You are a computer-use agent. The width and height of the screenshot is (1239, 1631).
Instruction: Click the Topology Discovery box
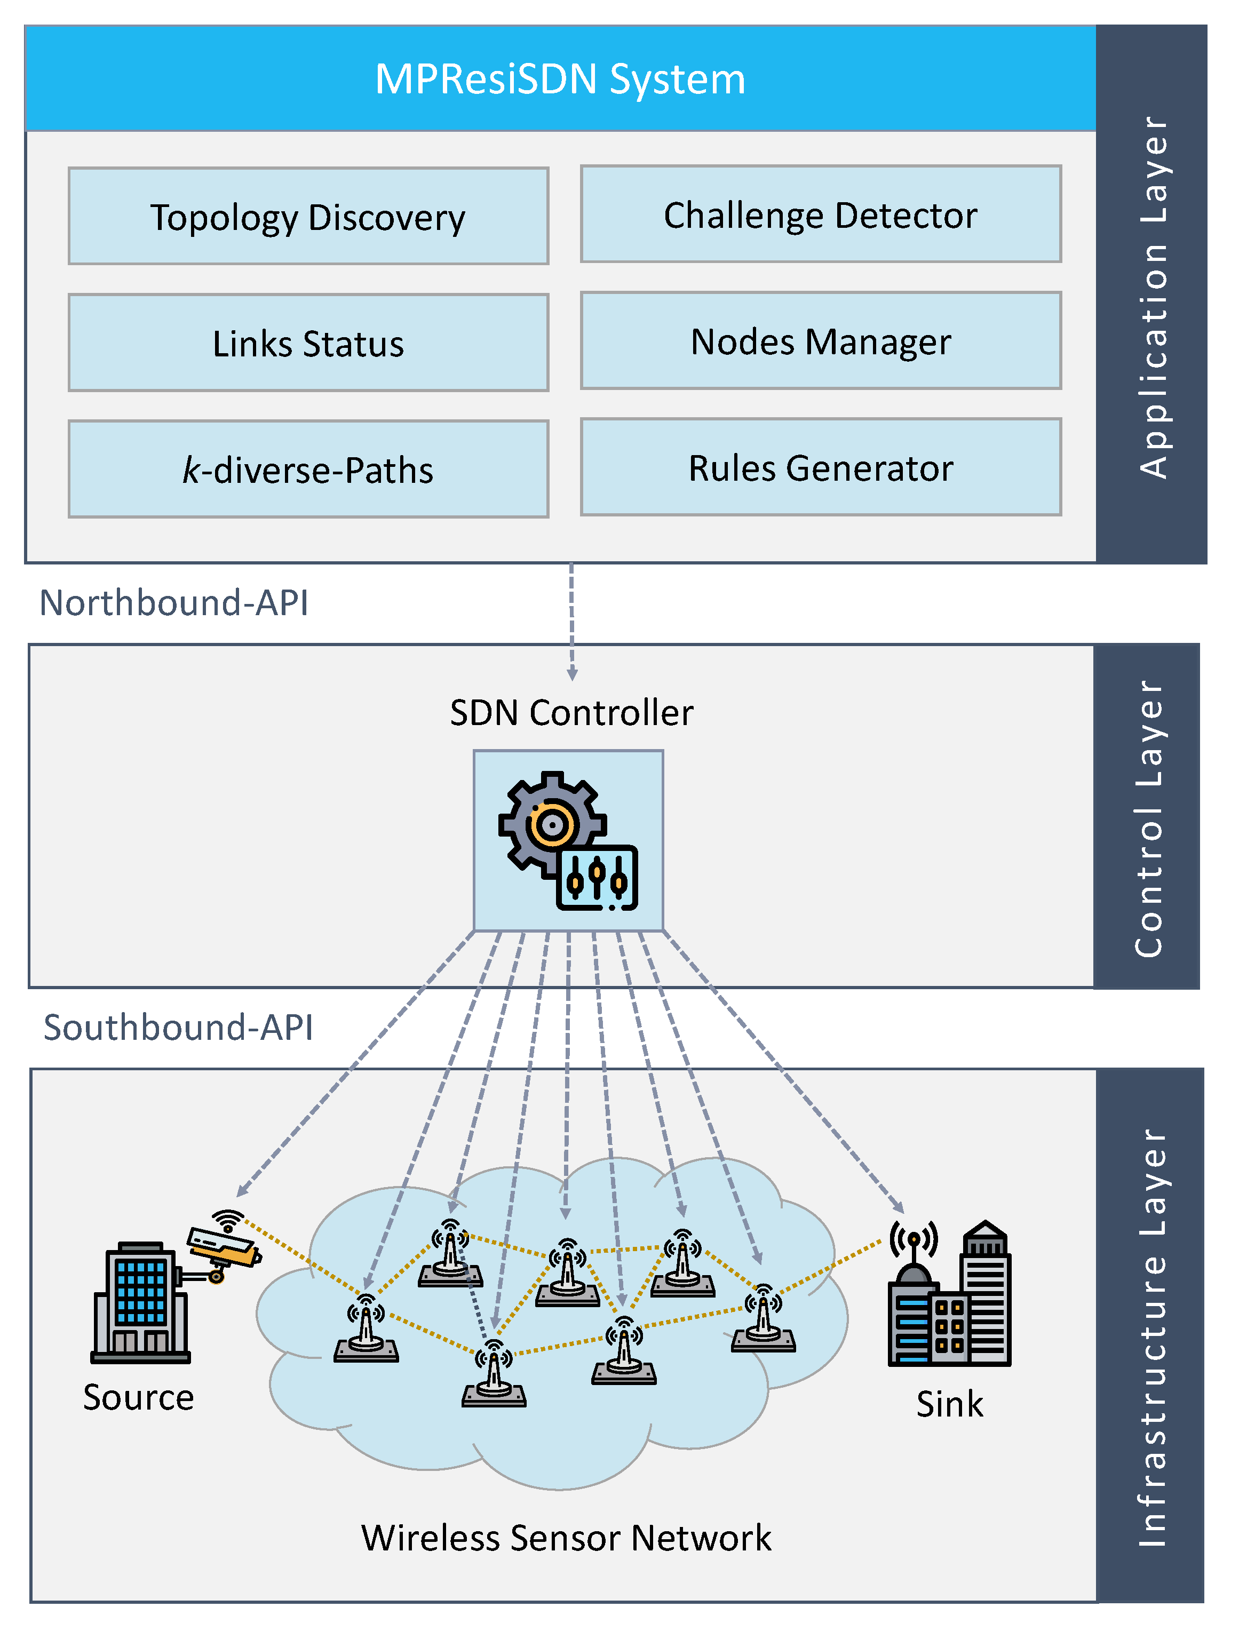point(308,217)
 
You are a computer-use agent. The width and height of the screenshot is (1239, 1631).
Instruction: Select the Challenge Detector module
point(820,214)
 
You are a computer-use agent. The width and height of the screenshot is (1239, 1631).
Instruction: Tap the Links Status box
point(308,344)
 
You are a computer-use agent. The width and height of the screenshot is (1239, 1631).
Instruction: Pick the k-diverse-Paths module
point(308,470)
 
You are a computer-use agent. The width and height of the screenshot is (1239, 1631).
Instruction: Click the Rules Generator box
point(820,467)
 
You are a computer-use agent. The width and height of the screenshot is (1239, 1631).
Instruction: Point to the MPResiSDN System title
point(560,79)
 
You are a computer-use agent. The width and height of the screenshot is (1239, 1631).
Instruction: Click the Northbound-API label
point(174,602)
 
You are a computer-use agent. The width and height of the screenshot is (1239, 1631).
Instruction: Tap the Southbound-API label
point(178,1027)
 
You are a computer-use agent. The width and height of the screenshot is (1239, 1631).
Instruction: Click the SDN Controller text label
point(571,712)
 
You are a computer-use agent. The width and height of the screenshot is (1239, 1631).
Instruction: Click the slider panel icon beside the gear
point(598,878)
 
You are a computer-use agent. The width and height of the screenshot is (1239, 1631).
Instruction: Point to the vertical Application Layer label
point(1152,295)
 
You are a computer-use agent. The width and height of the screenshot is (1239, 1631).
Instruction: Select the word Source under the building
point(139,1397)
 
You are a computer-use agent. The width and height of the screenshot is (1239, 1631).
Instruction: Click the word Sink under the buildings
point(950,1404)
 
